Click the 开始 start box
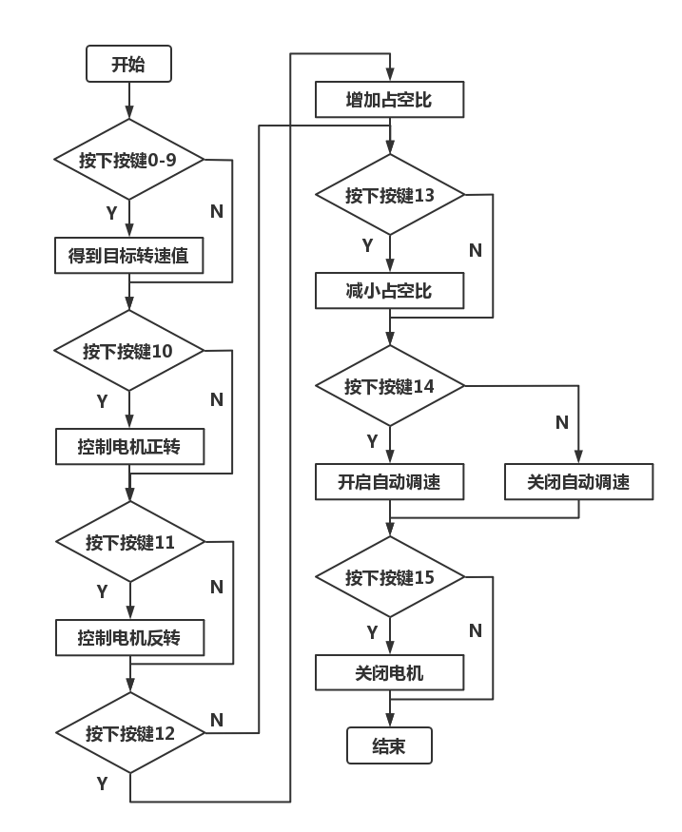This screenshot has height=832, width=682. click(x=128, y=65)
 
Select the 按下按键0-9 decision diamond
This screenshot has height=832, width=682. click(x=129, y=160)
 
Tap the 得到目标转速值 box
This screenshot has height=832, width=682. click(x=128, y=257)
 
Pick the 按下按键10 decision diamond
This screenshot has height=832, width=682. click(x=129, y=351)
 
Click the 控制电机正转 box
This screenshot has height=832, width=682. click(x=128, y=447)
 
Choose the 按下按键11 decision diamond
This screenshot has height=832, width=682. click(x=130, y=542)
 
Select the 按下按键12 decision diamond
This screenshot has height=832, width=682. click(x=130, y=733)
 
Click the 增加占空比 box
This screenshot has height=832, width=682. click(x=389, y=100)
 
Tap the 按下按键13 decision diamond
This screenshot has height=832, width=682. click(x=390, y=195)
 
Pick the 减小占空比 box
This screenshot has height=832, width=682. click(x=389, y=291)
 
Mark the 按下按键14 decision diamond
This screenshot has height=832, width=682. click(x=390, y=386)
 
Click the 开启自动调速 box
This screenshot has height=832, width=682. click(x=389, y=482)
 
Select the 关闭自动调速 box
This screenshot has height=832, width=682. click(x=578, y=482)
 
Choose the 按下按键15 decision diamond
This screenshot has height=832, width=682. click(x=390, y=577)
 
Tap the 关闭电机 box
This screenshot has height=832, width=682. click(x=389, y=673)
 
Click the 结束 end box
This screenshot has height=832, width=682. click(x=389, y=746)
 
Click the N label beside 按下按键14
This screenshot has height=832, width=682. click(x=562, y=422)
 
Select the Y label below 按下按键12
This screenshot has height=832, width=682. click(x=102, y=784)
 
